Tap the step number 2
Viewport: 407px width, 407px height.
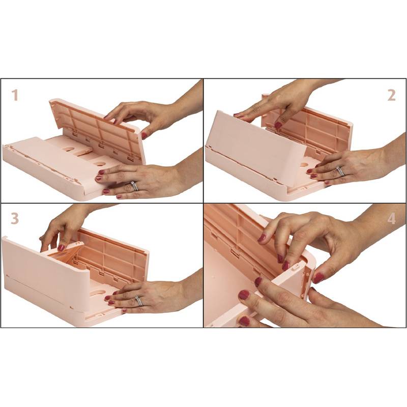click(391, 95)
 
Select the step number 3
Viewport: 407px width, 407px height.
click(15, 218)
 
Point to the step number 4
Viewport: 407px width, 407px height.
click(391, 219)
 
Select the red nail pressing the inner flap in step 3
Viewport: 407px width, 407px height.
click(61, 247)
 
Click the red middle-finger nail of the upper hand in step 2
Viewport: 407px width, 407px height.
click(278, 125)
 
